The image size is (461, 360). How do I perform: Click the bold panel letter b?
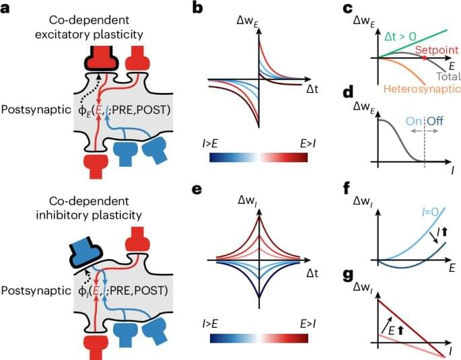[x=197, y=9]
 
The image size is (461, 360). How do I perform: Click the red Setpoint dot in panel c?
[x=425, y=59]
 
